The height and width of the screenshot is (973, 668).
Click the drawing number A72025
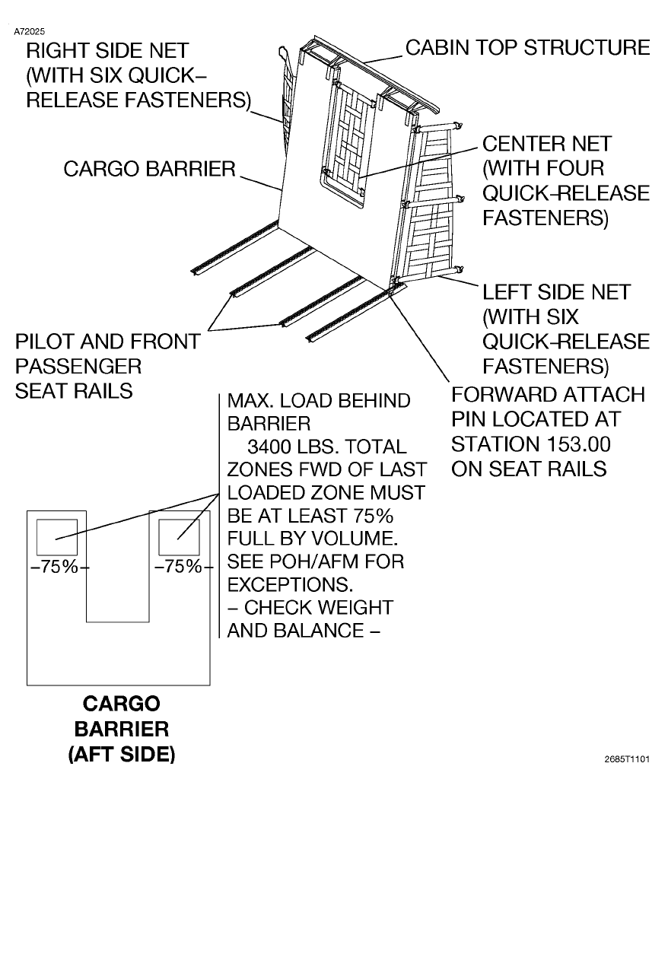[30, 32]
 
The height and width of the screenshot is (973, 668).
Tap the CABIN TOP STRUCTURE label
[527, 47]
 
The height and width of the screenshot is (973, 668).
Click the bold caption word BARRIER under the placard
[121, 729]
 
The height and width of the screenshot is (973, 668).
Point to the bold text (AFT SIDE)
[121, 754]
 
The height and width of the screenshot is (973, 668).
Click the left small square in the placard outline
[57, 537]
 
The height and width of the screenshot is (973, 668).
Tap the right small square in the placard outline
[179, 537]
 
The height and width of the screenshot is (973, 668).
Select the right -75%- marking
[180, 568]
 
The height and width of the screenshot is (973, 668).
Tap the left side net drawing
[428, 205]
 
